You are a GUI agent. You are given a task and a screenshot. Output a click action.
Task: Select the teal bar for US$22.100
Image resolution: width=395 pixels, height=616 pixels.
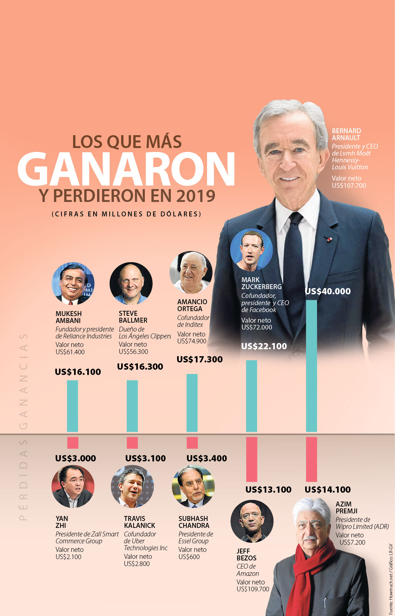251,396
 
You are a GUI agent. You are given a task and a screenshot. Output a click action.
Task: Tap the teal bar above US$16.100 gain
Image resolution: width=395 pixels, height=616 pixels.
72,406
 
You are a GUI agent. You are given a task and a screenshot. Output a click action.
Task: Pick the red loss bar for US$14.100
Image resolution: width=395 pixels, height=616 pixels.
311,459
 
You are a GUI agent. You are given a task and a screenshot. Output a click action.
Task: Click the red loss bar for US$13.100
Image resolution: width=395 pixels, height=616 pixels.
251,459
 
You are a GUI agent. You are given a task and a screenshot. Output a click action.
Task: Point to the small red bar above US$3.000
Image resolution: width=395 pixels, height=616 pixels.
72,443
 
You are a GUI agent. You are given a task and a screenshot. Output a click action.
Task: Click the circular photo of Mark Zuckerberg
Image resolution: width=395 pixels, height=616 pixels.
251,250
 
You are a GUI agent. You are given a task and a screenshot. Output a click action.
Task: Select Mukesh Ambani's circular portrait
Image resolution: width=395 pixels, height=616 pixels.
73,283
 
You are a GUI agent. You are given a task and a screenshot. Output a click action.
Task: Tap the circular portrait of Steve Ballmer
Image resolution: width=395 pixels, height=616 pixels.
131,283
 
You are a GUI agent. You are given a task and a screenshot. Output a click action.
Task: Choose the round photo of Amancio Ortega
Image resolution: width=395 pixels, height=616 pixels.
191,273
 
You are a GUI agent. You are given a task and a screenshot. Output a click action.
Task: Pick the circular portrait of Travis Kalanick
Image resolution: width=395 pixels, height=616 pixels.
132,486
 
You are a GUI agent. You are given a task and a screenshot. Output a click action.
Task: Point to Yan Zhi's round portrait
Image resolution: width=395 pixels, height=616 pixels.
73,486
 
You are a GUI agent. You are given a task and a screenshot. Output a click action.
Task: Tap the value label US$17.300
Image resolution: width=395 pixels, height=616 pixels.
199,359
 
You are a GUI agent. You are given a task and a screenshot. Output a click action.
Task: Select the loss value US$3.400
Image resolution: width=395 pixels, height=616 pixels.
207,458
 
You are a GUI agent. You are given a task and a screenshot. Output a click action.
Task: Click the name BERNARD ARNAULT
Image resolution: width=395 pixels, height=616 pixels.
346,134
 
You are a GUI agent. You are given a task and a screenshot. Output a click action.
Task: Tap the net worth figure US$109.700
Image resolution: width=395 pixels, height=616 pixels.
253,589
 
